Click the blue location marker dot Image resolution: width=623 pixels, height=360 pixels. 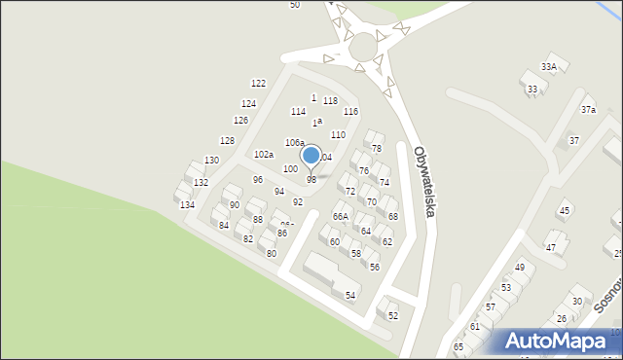click(311, 155)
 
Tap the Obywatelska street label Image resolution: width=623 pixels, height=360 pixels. click(423, 181)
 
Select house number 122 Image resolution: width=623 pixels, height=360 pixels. click(258, 84)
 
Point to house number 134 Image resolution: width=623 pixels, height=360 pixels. click(187, 204)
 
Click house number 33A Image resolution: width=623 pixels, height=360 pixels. click(549, 66)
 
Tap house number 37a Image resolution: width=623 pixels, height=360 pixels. click(588, 110)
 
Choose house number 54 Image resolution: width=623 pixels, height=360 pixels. click(350, 294)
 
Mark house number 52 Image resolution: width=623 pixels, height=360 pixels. click(393, 315)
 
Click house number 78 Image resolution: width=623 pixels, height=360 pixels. click(376, 148)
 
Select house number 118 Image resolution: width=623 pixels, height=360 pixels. click(330, 100)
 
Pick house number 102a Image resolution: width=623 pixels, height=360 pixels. click(264, 154)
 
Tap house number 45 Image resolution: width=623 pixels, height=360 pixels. click(564, 210)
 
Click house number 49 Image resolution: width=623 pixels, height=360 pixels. click(520, 267)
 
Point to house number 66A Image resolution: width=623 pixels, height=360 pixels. click(340, 216)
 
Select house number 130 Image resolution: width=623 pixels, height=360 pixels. click(211, 160)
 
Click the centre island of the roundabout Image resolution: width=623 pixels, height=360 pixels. click(364, 46)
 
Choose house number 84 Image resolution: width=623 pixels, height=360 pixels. click(224, 225)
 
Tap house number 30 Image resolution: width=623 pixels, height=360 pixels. click(576, 301)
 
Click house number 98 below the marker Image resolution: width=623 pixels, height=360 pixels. click(311, 180)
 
